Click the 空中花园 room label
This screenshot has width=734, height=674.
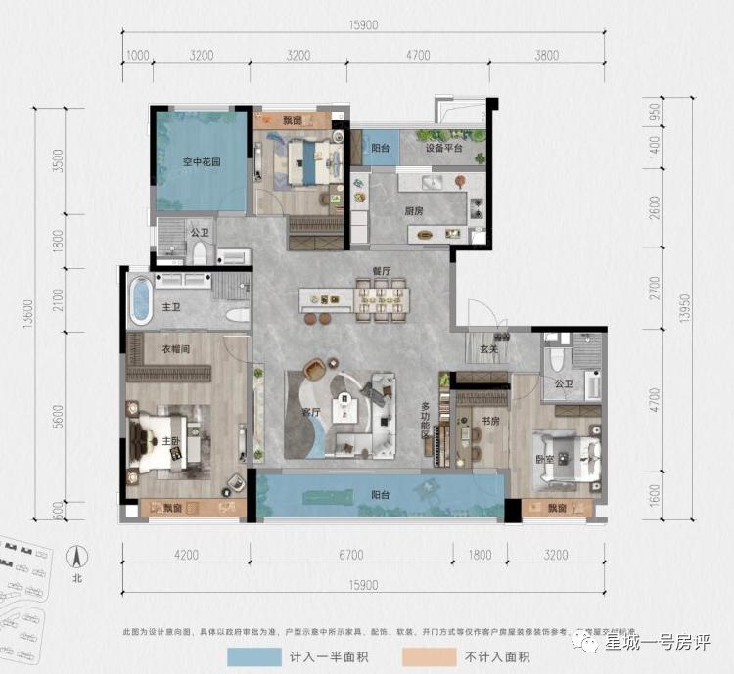200,163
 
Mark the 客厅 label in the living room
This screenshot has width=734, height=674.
312,412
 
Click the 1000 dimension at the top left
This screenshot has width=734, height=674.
137,56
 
